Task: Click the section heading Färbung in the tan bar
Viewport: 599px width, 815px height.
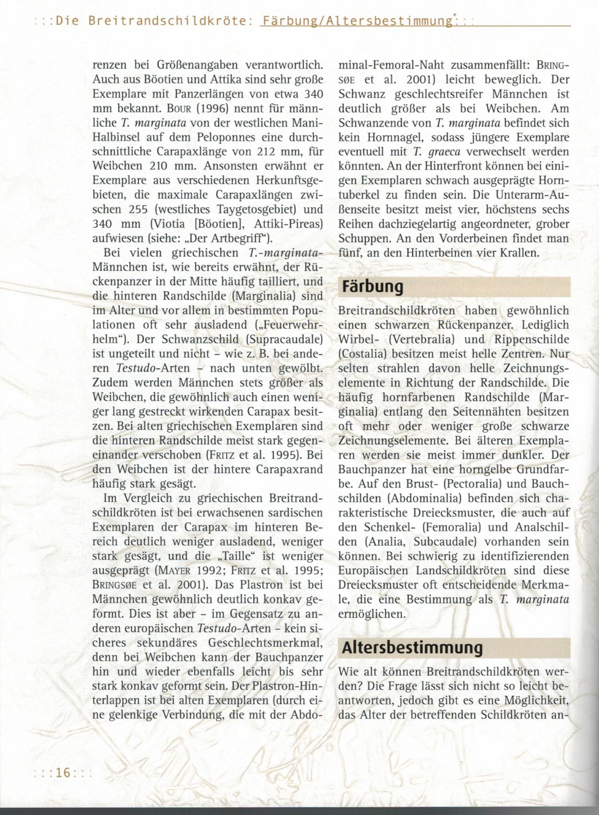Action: (x=372, y=287)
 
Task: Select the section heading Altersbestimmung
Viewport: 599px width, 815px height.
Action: (x=412, y=648)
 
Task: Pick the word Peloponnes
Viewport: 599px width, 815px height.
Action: (x=227, y=137)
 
